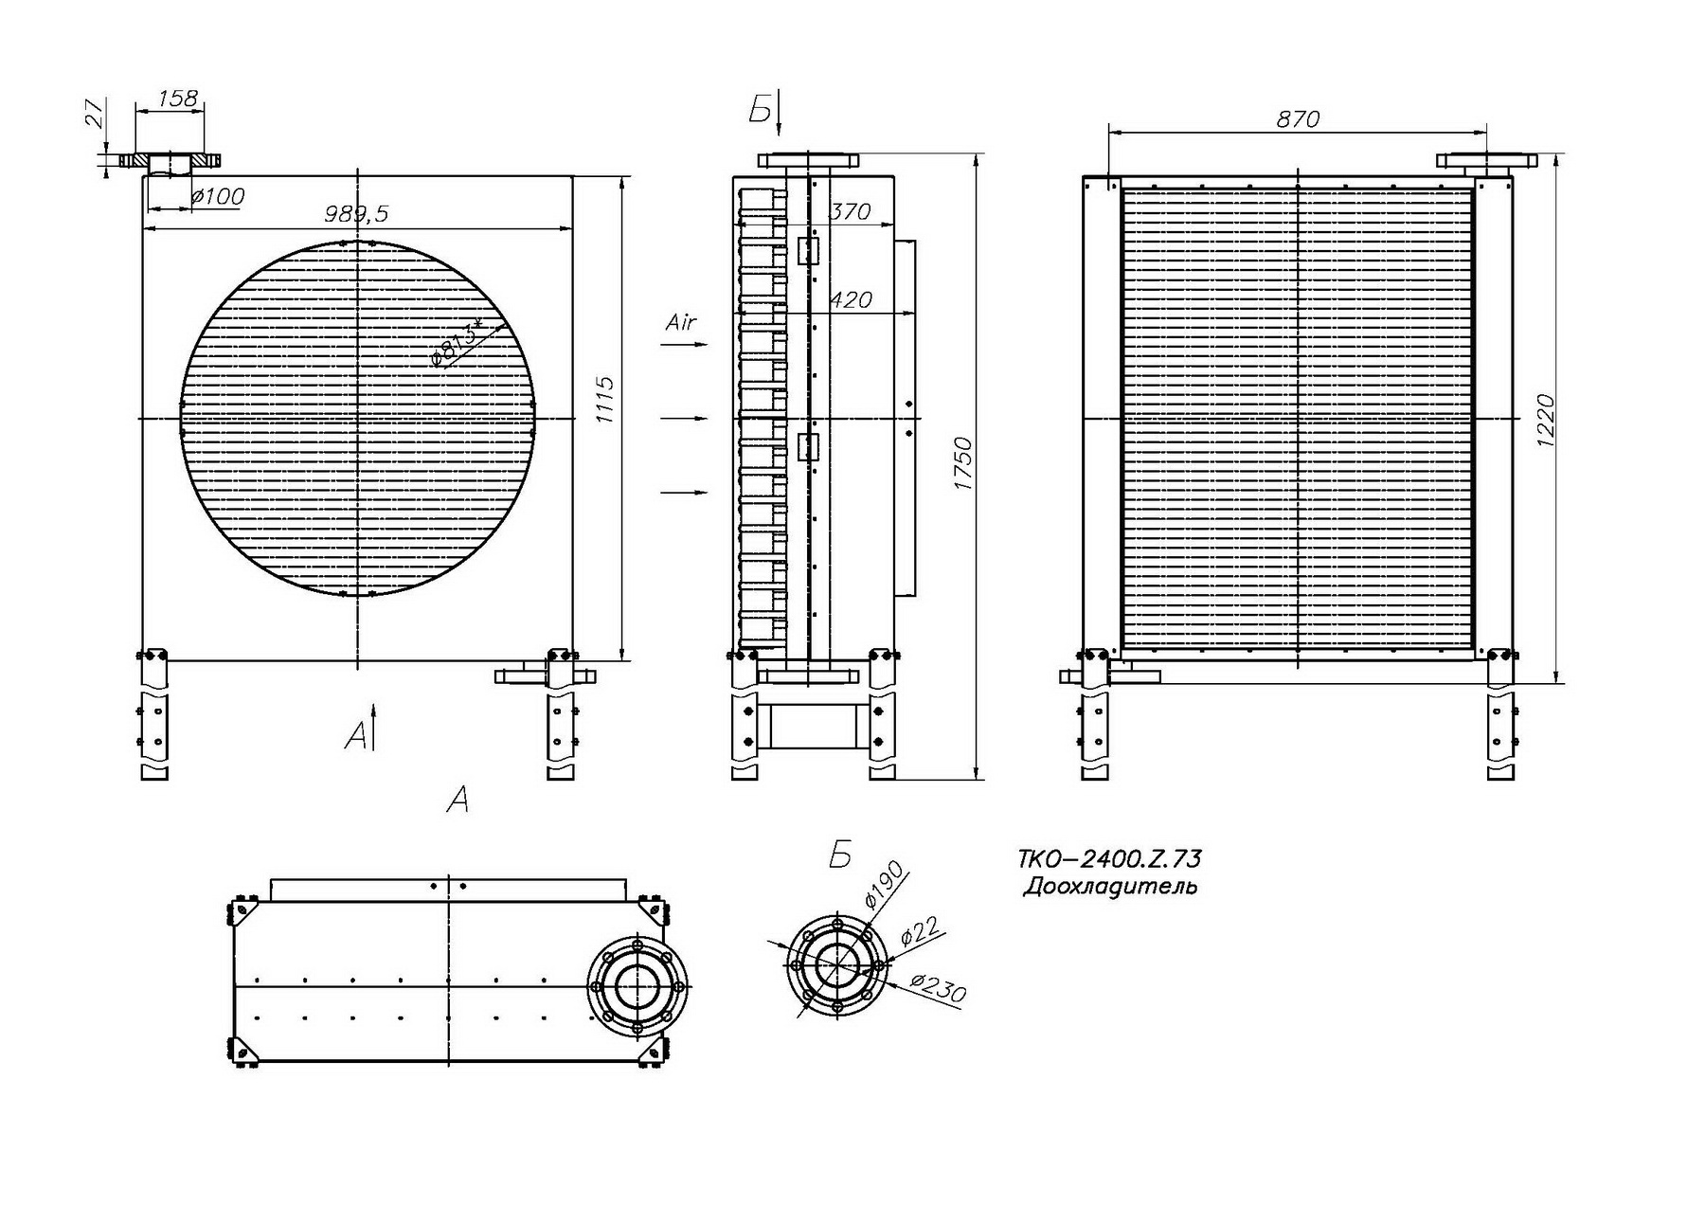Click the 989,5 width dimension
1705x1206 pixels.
pos(356,214)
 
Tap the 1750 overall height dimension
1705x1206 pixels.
pos(963,463)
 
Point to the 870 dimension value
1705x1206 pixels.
pos(1298,119)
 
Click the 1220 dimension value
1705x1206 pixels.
pos(1545,422)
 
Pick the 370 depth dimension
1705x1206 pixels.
pos(849,211)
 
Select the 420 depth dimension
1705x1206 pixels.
pos(850,300)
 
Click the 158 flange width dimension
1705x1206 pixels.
pos(177,98)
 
